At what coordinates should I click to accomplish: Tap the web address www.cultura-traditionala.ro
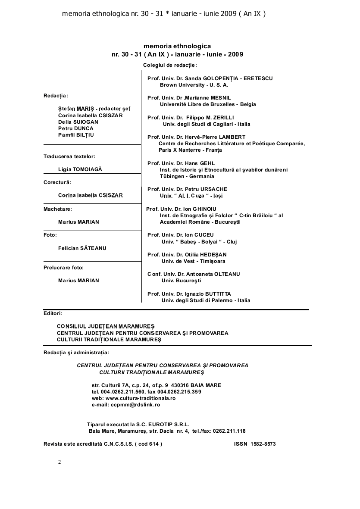(141, 398)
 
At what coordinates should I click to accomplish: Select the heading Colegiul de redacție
(170, 65)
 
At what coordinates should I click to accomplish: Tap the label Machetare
(58, 209)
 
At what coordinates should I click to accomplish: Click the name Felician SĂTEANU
(82, 248)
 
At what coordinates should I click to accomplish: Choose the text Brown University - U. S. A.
(194, 85)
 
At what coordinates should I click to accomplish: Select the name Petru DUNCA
(76, 128)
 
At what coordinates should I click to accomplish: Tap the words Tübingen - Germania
(187, 177)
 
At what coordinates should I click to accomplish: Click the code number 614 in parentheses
(154, 444)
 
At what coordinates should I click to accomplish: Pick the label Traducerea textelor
(70, 156)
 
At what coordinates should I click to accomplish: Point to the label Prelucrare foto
(63, 268)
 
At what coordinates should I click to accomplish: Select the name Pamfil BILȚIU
(76, 135)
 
